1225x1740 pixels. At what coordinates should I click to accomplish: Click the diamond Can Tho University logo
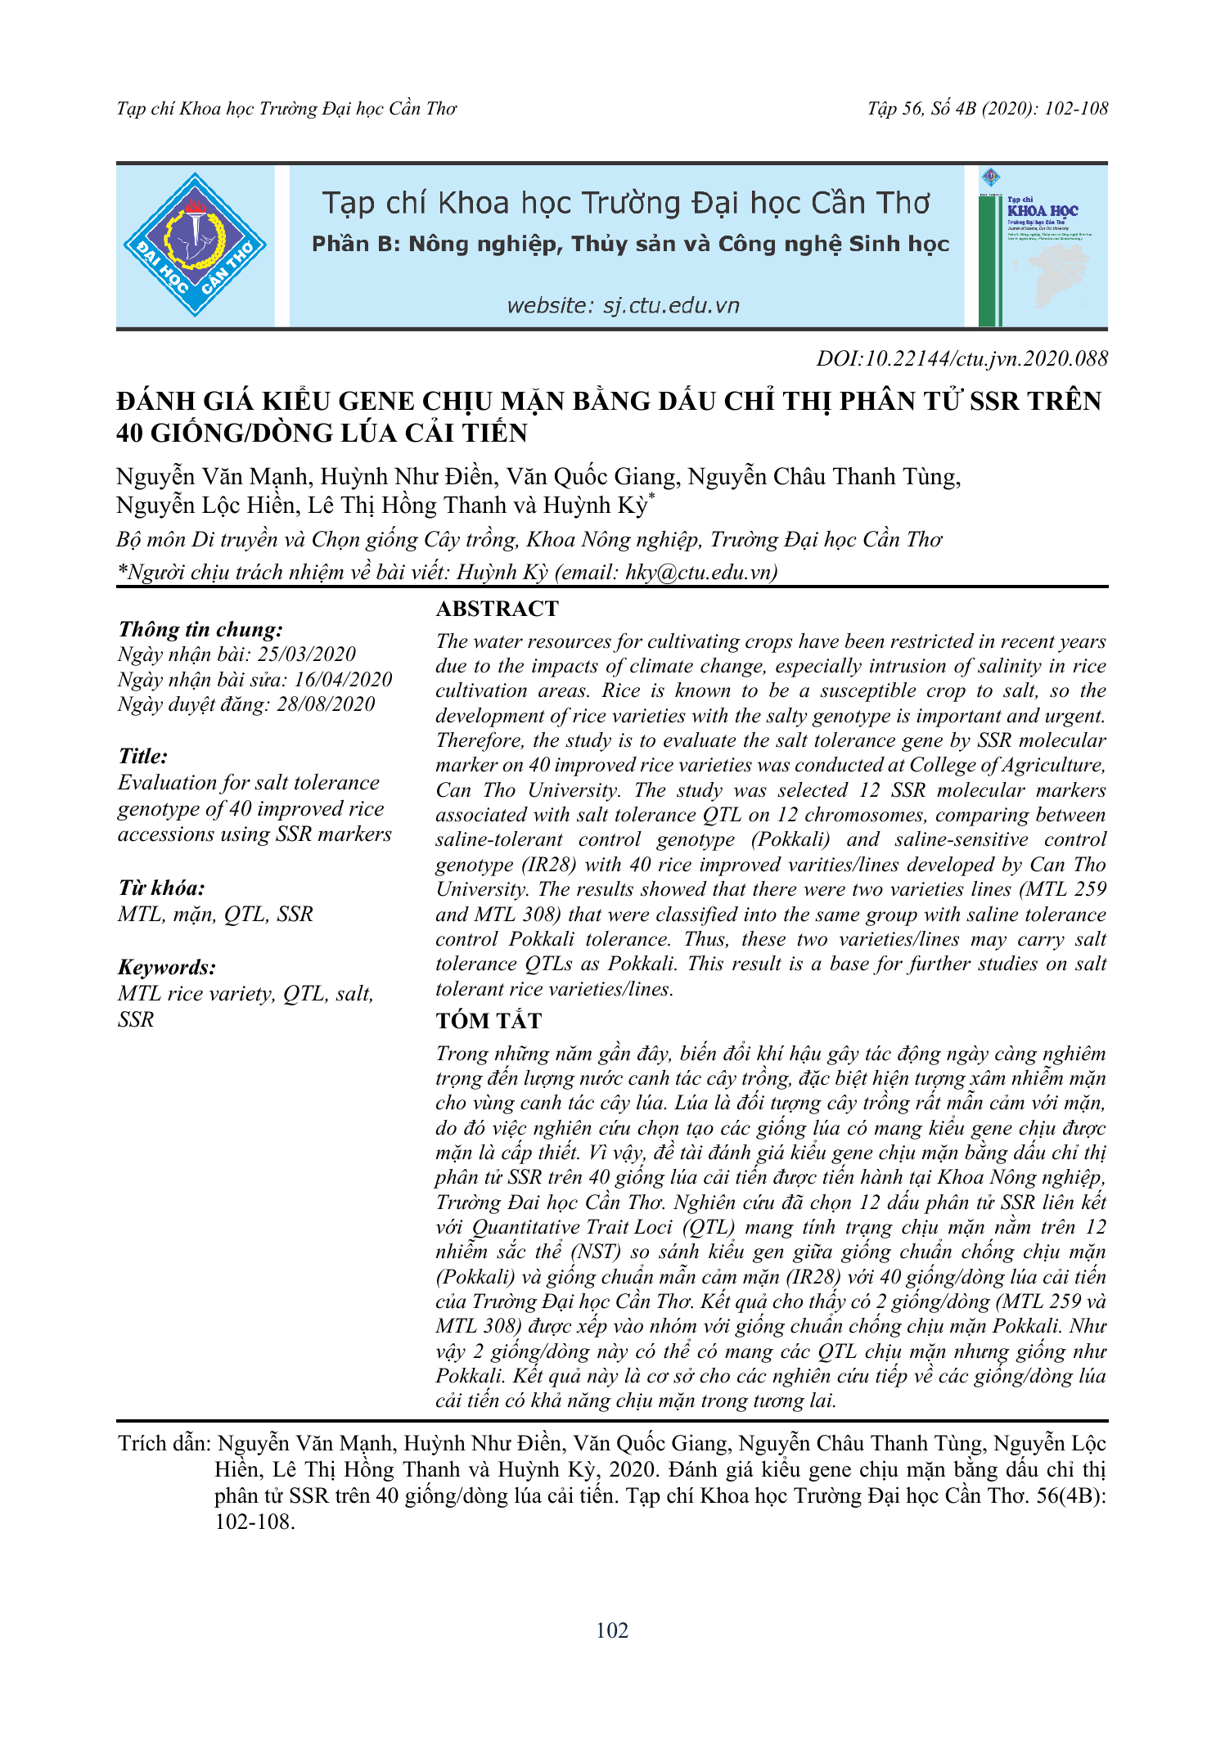(195, 245)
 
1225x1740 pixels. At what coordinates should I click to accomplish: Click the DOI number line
(962, 358)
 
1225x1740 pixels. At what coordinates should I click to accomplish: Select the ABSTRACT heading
(497, 609)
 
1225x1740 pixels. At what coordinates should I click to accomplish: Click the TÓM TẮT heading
(489, 1021)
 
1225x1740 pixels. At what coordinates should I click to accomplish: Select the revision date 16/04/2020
(343, 679)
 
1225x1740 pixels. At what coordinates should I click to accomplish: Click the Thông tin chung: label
(200, 629)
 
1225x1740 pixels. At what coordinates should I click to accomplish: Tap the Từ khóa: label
(161, 888)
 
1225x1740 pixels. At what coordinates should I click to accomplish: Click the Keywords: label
(167, 967)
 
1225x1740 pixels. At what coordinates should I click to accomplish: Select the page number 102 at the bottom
(612, 1630)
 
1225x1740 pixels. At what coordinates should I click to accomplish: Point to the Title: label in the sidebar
(143, 756)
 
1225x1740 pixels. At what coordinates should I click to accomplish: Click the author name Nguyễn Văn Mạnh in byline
(212, 477)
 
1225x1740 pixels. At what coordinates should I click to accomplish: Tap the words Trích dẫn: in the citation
(164, 1444)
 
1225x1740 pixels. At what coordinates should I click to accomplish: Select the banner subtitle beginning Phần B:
(630, 245)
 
